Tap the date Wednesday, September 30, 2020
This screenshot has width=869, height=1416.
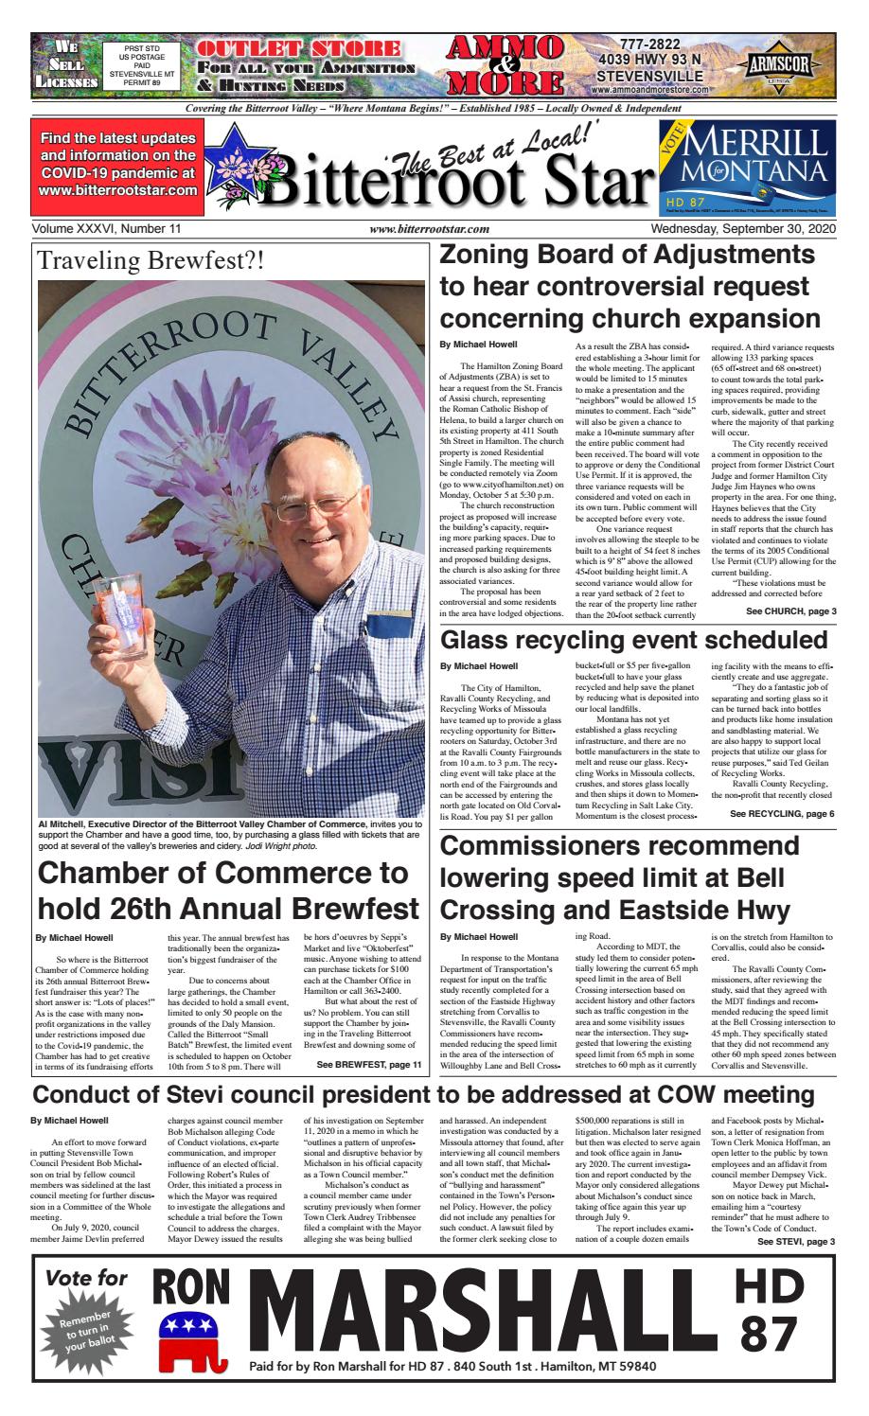(x=748, y=228)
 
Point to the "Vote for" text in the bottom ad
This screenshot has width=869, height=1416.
(x=86, y=1277)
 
